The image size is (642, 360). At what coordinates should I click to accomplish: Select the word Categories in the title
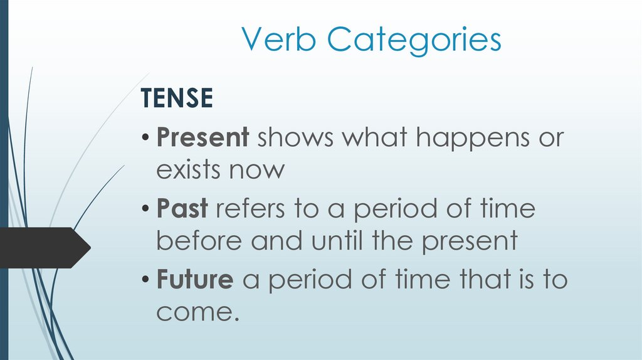(x=414, y=40)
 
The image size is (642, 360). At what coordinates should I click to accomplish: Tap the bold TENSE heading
(x=177, y=98)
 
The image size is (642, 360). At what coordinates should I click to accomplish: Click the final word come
(x=197, y=312)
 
